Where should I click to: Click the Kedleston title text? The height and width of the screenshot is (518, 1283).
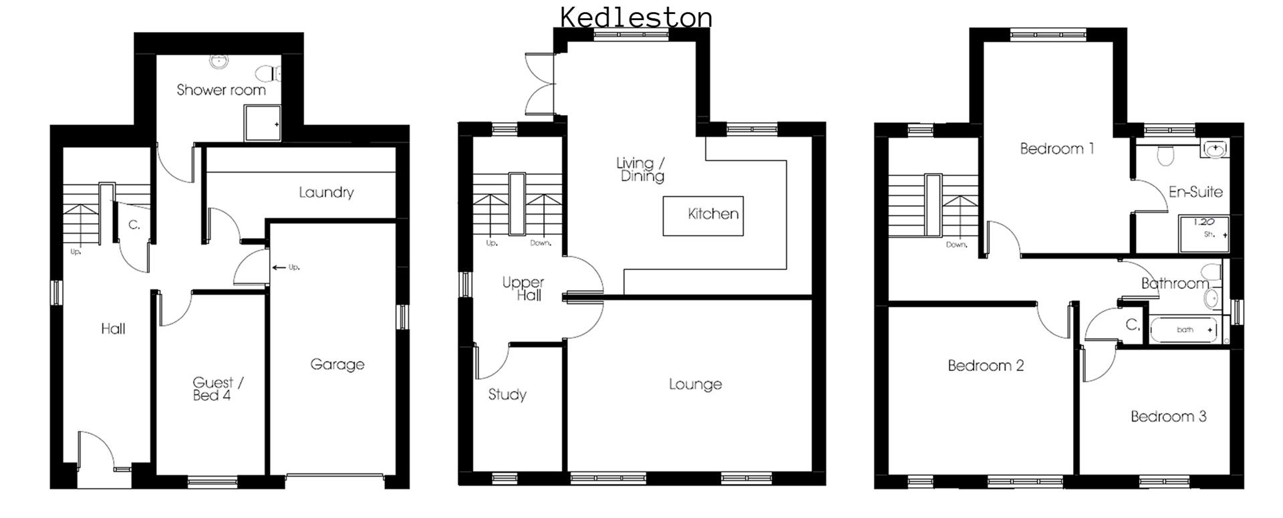[635, 17]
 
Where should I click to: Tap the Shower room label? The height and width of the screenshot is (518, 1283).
[221, 90]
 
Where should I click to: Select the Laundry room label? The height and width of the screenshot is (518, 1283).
[326, 192]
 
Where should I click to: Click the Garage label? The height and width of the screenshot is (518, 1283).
[337, 364]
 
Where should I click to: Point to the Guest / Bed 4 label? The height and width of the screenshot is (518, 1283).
[217, 388]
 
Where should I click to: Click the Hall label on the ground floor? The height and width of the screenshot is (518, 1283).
[113, 328]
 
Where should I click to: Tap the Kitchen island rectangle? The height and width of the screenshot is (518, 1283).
[702, 215]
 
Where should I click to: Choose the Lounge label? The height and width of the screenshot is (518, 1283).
[695, 384]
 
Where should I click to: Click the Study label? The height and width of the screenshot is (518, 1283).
[507, 394]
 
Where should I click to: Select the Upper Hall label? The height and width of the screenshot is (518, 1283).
[523, 289]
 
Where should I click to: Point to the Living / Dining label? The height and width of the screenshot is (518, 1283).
[640, 169]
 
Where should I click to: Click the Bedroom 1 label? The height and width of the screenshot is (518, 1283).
[1056, 148]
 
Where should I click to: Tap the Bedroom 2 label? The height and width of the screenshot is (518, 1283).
[986, 366]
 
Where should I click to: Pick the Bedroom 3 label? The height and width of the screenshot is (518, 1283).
[1168, 416]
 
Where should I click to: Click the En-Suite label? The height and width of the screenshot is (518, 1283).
[1195, 192]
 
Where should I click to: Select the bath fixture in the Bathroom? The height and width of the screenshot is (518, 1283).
[1183, 330]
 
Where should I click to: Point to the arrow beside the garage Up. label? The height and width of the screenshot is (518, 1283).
[279, 268]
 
